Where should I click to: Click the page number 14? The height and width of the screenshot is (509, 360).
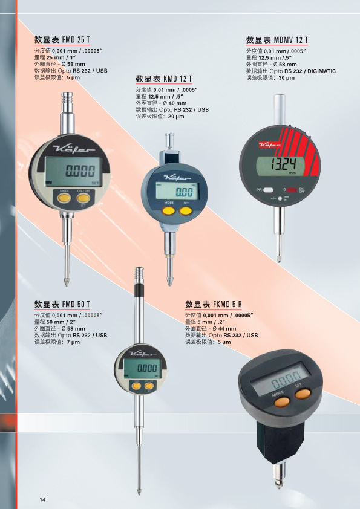42,499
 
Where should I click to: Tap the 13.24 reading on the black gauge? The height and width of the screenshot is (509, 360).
283,164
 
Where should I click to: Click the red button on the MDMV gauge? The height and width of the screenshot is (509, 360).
292,190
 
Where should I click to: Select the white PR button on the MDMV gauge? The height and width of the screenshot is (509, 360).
268,190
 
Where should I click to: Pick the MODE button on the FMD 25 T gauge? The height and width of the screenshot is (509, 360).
64,198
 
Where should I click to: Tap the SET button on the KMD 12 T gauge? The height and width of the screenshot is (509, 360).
186,211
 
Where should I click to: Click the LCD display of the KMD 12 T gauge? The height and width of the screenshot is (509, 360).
177,191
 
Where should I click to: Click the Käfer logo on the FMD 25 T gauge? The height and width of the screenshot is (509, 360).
74,150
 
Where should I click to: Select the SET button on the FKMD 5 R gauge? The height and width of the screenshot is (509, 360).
303,394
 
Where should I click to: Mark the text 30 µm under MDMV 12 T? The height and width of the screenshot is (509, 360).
287,78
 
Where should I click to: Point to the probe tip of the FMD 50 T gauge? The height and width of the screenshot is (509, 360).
139,492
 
